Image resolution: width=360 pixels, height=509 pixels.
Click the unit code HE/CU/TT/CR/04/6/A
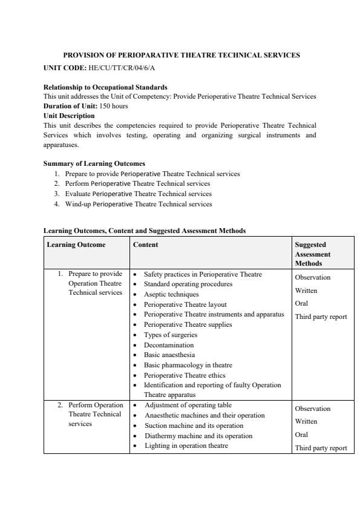[x=117, y=67]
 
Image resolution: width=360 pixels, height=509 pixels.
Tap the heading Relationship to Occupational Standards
[x=105, y=88]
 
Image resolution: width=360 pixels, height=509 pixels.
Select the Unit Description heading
[x=69, y=115]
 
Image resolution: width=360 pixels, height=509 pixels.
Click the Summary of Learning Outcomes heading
[x=94, y=163]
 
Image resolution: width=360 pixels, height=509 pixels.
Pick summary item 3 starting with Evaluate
[x=139, y=194]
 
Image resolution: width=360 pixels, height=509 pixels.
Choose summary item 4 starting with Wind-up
[x=139, y=204]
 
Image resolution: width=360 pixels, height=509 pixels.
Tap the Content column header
[x=145, y=245]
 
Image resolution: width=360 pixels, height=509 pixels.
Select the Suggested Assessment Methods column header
[x=312, y=254]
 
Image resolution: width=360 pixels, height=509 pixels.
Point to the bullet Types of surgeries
[x=171, y=335]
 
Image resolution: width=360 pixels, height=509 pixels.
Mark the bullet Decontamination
[x=169, y=345]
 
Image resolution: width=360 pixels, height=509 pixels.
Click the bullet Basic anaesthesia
[x=169, y=355]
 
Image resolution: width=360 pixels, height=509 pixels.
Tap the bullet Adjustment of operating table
[x=188, y=405]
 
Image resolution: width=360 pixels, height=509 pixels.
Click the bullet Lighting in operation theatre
[x=186, y=445]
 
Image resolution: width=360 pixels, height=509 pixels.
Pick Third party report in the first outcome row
[x=321, y=317]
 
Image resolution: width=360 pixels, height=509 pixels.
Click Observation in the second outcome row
[x=312, y=409]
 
